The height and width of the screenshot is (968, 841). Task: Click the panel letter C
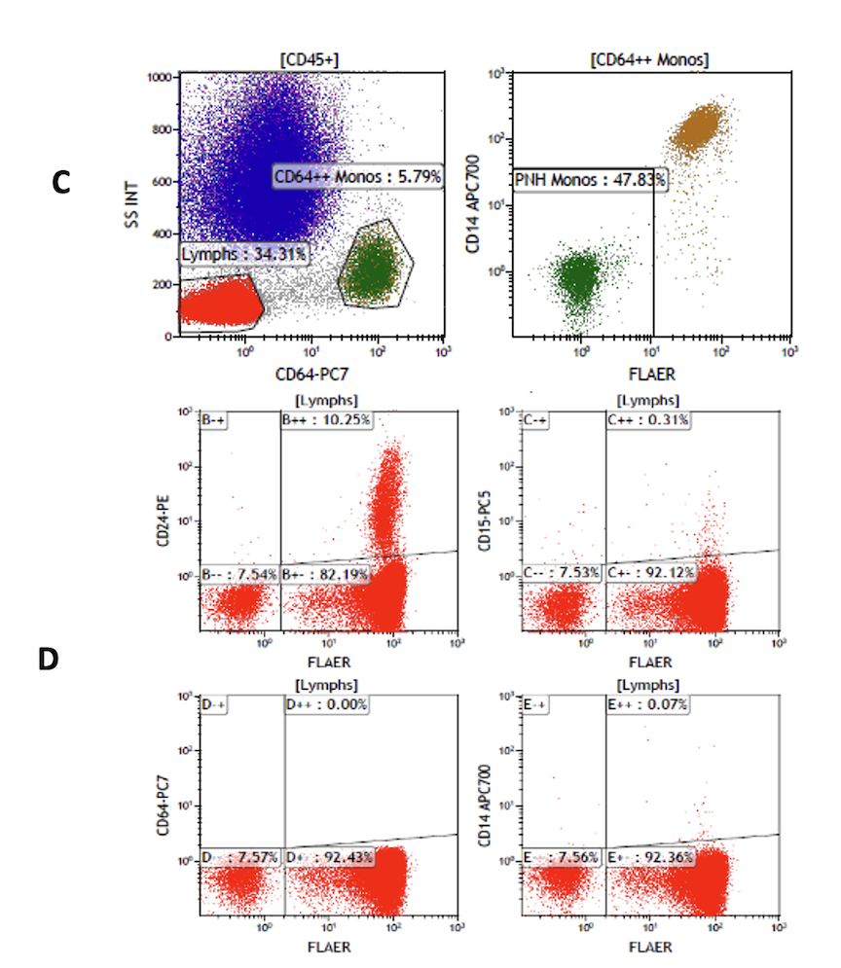[x=61, y=182]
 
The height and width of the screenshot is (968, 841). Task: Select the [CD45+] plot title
[x=309, y=60]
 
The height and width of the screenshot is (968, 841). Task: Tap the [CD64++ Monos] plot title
[x=649, y=60]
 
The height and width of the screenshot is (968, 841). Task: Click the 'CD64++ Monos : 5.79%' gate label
[x=357, y=177]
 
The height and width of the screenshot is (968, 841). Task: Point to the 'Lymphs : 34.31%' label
[x=244, y=255]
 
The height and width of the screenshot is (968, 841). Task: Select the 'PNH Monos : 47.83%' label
[x=590, y=180]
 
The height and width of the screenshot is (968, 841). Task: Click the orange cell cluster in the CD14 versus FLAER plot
[x=703, y=126]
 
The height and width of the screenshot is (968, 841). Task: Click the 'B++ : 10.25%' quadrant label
[x=327, y=420]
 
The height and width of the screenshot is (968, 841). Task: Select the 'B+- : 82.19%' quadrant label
[x=325, y=574]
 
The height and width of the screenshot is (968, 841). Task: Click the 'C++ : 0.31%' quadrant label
[x=648, y=420]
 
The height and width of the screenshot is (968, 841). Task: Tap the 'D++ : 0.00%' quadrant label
[x=327, y=704]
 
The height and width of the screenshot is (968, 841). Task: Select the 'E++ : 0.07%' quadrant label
[x=648, y=704]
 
